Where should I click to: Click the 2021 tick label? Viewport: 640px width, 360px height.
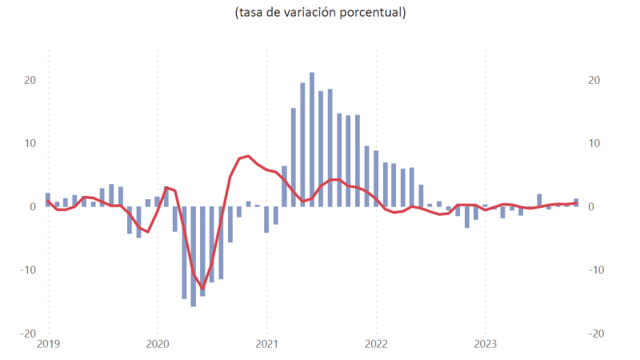point(266,345)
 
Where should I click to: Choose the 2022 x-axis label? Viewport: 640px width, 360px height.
point(376,345)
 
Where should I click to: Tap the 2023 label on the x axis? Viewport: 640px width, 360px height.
point(486,345)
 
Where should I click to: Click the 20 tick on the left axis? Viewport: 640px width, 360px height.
point(30,80)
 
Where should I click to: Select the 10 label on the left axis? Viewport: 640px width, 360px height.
point(30,143)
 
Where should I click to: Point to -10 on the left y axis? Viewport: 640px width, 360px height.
point(28,270)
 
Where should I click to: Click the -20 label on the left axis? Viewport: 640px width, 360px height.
point(28,333)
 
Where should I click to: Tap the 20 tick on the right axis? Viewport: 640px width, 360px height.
point(594,80)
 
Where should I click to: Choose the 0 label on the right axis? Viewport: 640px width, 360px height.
point(591,206)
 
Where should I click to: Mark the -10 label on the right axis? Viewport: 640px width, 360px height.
point(597,270)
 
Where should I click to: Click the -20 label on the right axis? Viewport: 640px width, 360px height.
point(597,333)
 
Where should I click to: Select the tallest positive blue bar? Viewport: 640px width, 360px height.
point(312,139)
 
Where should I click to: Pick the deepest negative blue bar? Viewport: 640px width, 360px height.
point(194,256)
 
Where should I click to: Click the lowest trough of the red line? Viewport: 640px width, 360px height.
point(202,288)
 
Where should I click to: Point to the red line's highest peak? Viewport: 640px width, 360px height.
point(249,156)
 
